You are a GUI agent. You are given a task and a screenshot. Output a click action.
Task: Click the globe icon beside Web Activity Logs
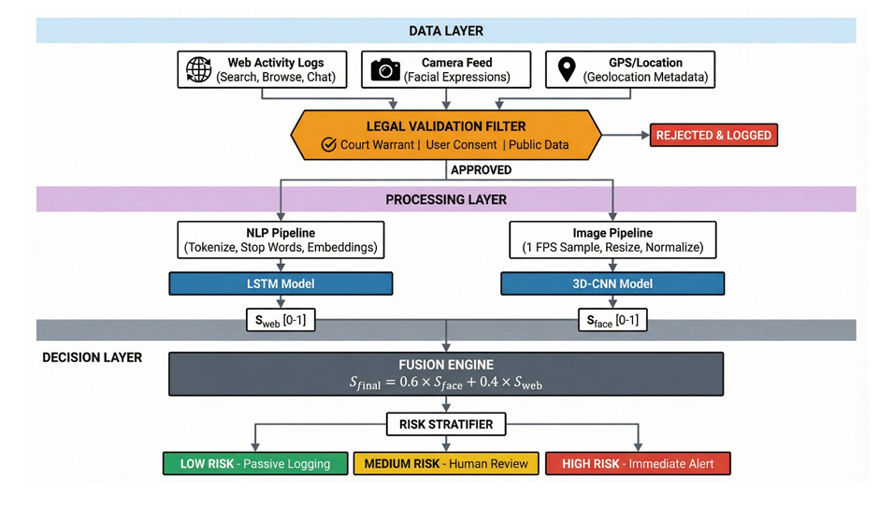[198, 70]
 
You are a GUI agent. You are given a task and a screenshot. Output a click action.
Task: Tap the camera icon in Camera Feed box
[385, 70]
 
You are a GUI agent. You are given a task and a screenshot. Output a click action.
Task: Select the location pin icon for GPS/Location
[566, 70]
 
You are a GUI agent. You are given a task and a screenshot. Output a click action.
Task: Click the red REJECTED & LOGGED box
[713, 136]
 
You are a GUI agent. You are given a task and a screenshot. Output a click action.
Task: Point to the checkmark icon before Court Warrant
[328, 145]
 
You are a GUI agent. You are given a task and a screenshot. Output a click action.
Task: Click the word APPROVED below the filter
[481, 170]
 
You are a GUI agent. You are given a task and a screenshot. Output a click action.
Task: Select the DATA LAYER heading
[446, 31]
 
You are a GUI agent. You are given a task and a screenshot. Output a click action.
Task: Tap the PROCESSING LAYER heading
[446, 199]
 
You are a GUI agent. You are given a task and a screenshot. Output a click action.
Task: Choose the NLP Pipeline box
[281, 240]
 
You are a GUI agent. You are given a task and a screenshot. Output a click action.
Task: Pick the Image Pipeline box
[612, 240]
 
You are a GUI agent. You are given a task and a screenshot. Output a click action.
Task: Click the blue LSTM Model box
[281, 283]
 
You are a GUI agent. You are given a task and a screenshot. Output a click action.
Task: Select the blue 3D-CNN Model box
[612, 283]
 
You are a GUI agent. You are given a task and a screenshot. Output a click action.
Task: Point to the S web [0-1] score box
[281, 321]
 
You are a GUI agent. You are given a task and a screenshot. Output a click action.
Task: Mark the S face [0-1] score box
[612, 321]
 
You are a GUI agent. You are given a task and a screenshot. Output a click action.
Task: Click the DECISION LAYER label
[93, 357]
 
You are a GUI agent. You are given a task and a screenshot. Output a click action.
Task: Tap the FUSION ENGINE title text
[446, 364]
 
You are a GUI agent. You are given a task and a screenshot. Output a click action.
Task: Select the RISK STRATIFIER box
[446, 425]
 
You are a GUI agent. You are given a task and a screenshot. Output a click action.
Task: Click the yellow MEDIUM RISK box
[446, 463]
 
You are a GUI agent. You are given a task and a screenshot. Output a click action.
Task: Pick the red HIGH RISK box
[638, 463]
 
